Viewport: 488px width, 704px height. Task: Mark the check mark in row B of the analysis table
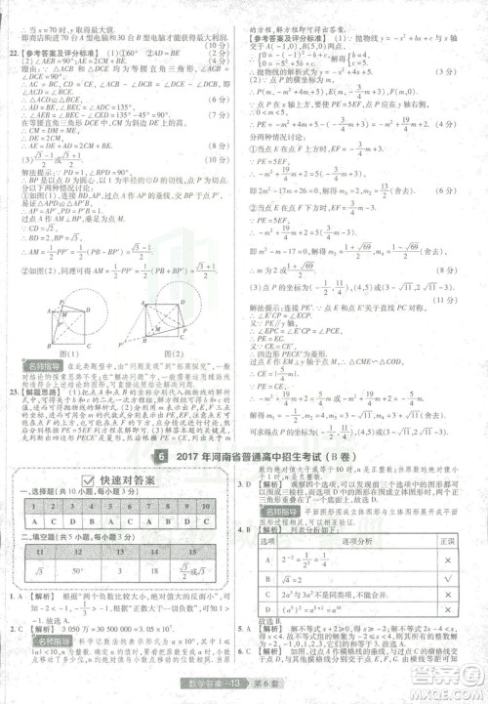pos(449,579)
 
